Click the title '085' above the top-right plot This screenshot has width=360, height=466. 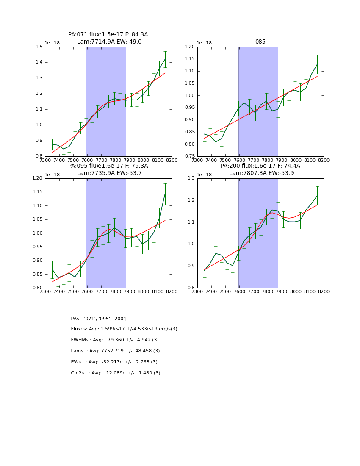coord(260,42)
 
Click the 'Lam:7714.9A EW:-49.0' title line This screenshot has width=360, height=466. coord(109,42)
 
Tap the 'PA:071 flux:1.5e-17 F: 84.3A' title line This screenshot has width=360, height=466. coord(108,35)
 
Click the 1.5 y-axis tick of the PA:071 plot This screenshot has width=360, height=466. coord(39,47)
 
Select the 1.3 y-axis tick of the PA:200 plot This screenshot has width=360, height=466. coord(191,178)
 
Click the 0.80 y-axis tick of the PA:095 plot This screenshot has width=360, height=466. coord(37,288)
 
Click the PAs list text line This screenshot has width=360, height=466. coord(99,319)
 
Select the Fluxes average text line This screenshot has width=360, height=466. coord(124,329)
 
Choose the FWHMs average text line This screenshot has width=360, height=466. coord(115,340)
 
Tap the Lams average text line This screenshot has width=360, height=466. coord(115,351)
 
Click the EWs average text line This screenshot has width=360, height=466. coord(114,362)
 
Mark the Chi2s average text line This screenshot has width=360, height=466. coord(116,373)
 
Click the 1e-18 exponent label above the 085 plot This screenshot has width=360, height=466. coord(204,43)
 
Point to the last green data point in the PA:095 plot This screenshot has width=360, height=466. coord(165,194)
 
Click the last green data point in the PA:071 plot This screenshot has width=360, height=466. coord(165,59)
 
